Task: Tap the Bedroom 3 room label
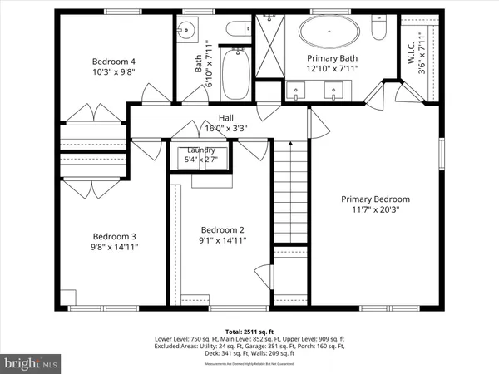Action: click(x=115, y=235)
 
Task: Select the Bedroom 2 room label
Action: click(x=223, y=229)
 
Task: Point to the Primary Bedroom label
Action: click(x=376, y=199)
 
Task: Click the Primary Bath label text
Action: click(x=331, y=58)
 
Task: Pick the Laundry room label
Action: click(x=200, y=150)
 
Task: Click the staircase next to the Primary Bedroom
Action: click(x=290, y=191)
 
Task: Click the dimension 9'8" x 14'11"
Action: click(x=115, y=247)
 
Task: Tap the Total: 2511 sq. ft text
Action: click(x=249, y=332)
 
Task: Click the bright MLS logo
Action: click(x=32, y=363)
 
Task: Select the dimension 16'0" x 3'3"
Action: click(x=225, y=129)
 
